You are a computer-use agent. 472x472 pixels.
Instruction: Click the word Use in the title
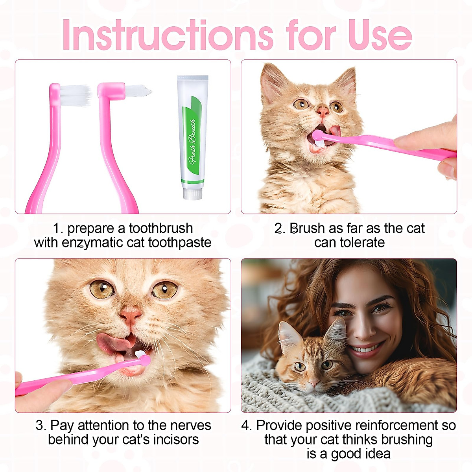[x=380, y=35]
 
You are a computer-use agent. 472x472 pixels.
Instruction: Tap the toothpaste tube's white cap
[x=193, y=194]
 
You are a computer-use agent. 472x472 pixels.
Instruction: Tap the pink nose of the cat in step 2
[x=323, y=112]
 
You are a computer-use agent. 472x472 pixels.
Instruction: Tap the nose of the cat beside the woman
[x=313, y=383]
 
